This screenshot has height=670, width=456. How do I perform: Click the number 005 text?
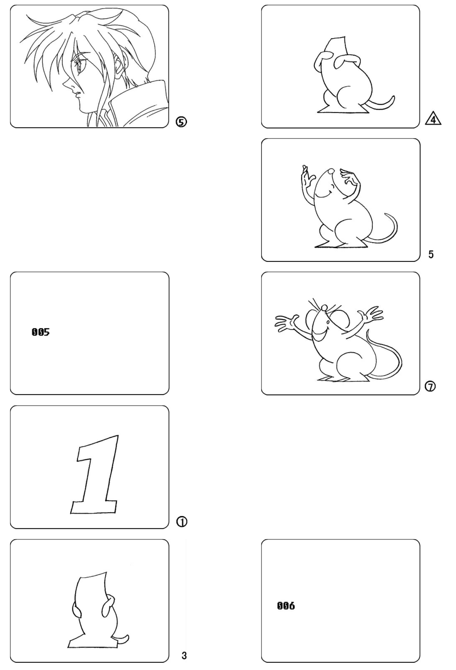coord(41,332)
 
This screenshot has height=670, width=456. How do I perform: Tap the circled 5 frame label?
coord(181,122)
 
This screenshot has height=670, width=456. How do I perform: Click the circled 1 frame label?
coord(182,522)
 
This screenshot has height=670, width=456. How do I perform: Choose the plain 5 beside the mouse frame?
coord(431,254)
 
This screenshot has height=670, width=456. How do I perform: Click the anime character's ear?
coord(118,66)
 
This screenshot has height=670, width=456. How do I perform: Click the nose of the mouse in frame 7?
coord(324,308)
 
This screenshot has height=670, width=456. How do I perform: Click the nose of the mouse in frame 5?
coord(331,172)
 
